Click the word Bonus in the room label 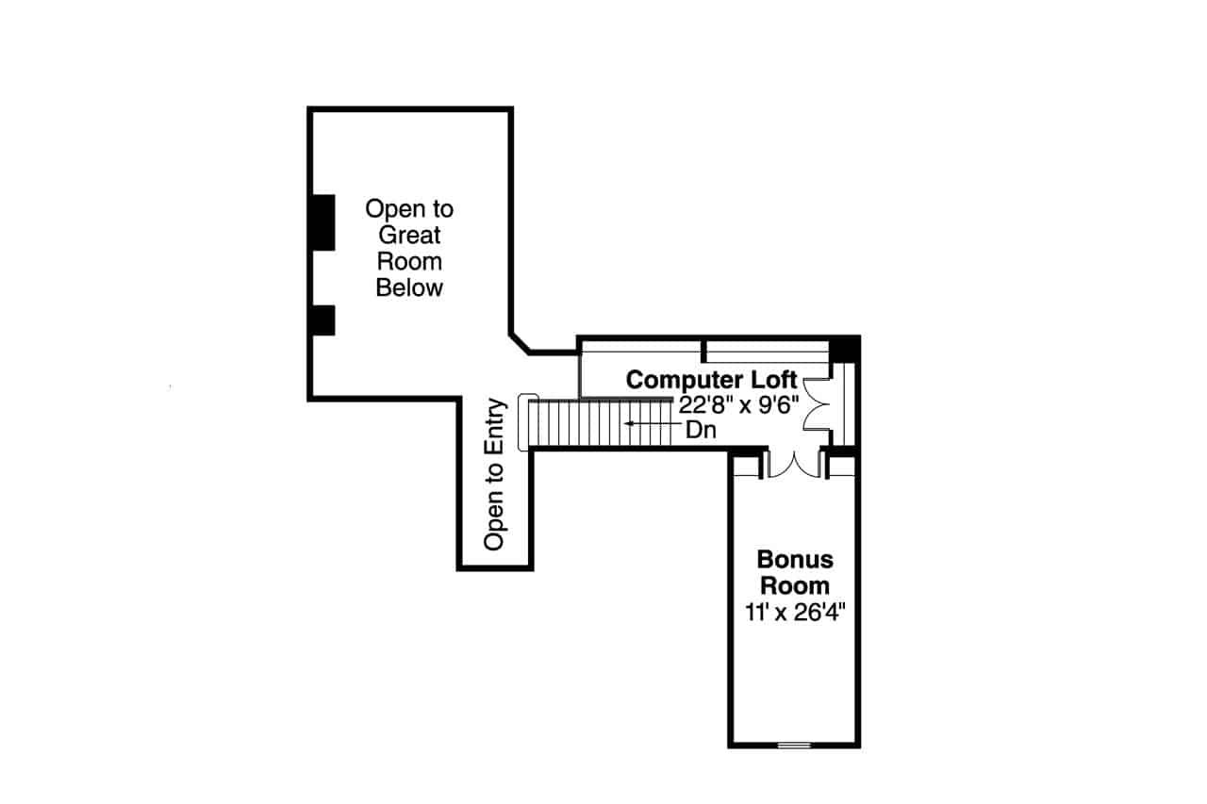795,560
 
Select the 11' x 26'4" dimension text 794,612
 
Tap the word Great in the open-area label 409,235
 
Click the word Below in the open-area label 409,287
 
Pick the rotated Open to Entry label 496,474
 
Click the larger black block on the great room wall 322,222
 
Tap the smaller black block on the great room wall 322,320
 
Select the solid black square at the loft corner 843,348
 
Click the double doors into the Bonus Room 795,464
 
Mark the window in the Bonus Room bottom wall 794,745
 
